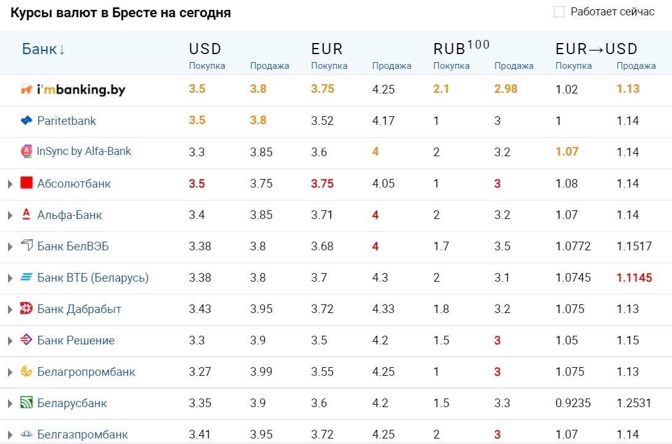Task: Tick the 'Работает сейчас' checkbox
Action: point(559,12)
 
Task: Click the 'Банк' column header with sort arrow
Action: point(43,49)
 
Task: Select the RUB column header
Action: point(461,47)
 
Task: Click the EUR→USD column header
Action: point(596,49)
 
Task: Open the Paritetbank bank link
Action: point(66,121)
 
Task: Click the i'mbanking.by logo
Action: point(73,90)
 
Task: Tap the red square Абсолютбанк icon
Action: point(26,183)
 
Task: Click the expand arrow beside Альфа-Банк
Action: point(10,215)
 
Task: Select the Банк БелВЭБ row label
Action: point(73,246)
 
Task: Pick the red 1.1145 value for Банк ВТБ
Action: point(634,277)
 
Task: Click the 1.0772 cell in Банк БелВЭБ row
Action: point(573,246)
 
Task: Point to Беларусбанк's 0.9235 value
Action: point(573,403)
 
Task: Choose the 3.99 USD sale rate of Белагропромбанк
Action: point(261,371)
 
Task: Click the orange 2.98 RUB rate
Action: point(506,89)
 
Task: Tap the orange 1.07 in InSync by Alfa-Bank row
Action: point(567,151)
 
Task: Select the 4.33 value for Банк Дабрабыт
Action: point(383,309)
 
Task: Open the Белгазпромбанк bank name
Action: point(82,435)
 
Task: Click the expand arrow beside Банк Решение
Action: point(10,341)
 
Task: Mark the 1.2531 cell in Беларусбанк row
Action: point(634,403)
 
